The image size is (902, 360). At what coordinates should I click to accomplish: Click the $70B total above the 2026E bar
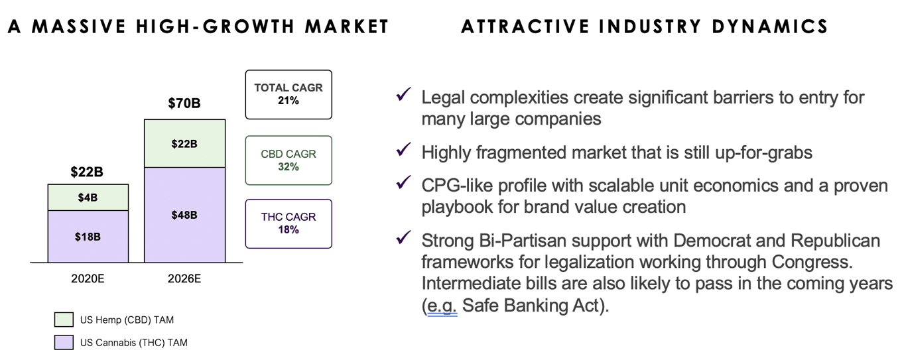click(x=184, y=103)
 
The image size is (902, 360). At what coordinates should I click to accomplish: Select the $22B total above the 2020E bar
click(x=87, y=172)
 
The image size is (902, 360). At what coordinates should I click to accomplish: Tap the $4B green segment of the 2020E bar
click(x=88, y=198)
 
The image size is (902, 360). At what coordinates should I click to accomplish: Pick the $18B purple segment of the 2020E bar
click(x=88, y=237)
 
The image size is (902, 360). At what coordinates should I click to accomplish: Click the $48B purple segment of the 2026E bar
click(x=185, y=215)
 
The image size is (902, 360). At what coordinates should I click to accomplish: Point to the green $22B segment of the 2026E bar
click(x=185, y=143)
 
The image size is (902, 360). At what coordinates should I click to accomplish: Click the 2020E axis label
click(x=88, y=278)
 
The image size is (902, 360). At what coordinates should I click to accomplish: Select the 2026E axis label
click(x=184, y=278)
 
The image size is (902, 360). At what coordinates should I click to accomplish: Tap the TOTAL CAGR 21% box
click(x=289, y=95)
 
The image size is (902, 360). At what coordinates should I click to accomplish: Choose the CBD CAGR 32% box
click(x=289, y=160)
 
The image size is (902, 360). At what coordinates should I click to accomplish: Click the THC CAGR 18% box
click(x=289, y=223)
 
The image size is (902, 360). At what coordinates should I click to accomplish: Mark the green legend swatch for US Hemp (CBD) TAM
click(x=64, y=320)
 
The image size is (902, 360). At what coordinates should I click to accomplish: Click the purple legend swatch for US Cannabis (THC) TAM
click(x=64, y=342)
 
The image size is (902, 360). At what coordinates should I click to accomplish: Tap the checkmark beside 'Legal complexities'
click(x=403, y=94)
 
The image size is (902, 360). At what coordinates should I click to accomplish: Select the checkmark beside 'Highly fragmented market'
click(x=403, y=149)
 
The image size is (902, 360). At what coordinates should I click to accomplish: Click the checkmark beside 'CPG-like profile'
click(x=403, y=182)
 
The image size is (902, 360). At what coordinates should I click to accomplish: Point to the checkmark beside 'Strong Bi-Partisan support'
click(x=403, y=237)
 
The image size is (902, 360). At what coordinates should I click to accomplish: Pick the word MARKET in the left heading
click(x=346, y=27)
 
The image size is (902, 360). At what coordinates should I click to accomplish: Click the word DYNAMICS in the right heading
click(x=769, y=27)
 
